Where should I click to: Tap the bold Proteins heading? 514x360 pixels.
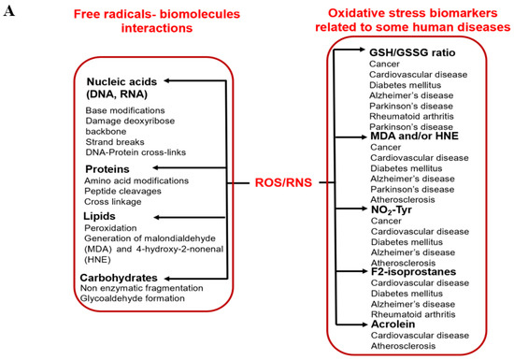(108, 168)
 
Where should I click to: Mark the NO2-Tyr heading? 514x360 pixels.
(393, 210)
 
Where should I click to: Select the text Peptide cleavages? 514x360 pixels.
(122, 190)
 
